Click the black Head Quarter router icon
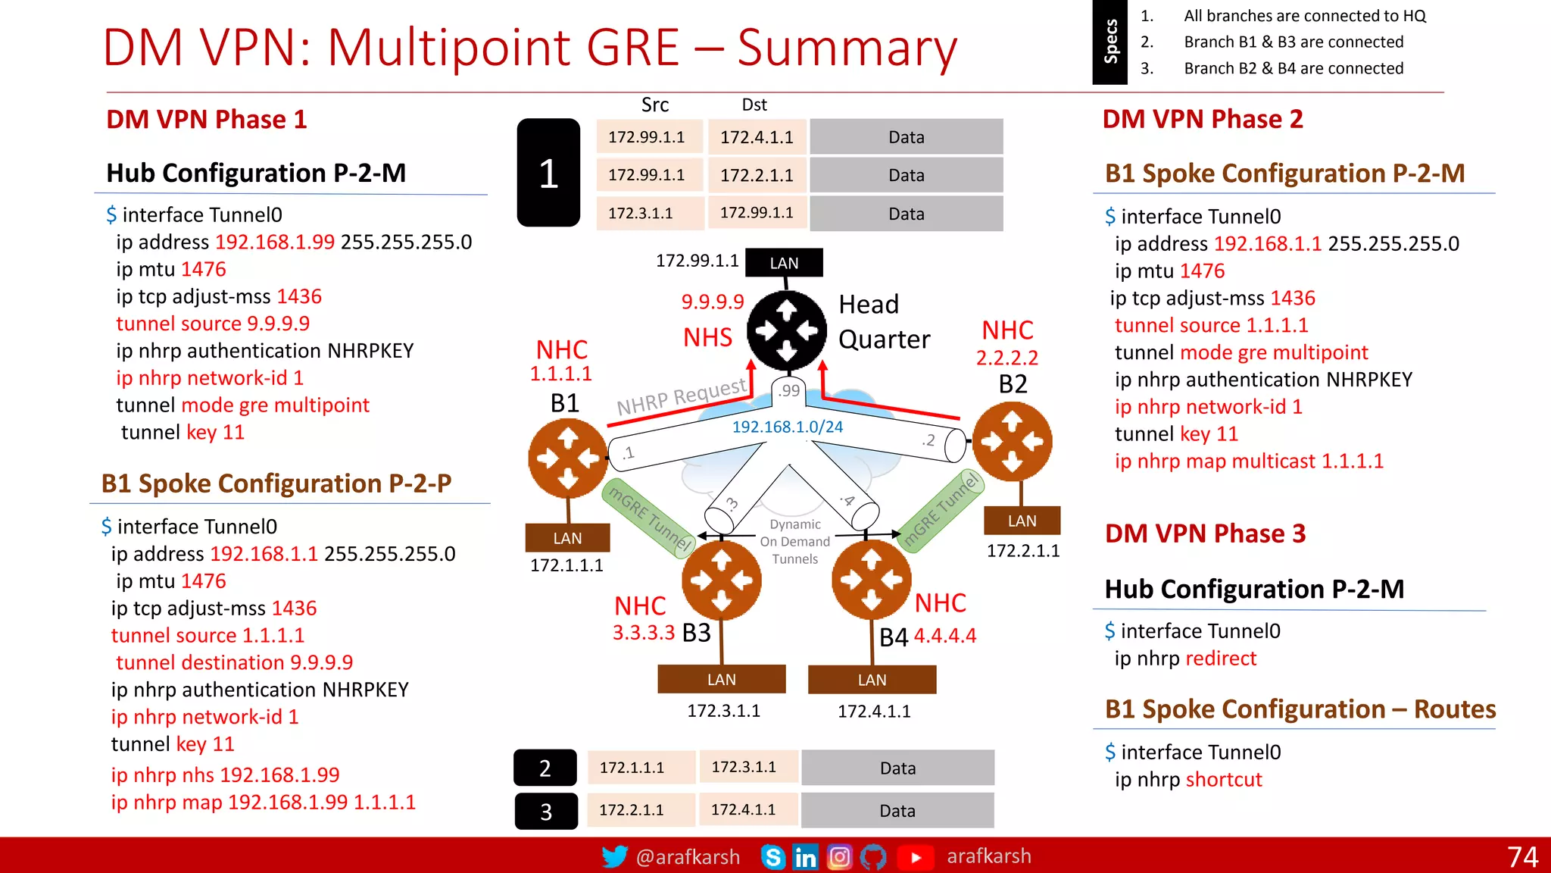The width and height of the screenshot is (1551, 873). pos(787,330)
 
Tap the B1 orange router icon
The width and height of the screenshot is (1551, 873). pos(568,458)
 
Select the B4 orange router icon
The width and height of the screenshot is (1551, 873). pos(872,580)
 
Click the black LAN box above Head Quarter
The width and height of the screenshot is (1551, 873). pos(784,263)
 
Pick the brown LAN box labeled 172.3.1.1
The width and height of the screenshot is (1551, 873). pos(721,679)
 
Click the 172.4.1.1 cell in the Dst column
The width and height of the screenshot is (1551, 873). pos(757,137)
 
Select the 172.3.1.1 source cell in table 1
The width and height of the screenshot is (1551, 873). pos(641,214)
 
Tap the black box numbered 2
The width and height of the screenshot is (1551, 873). pos(545,768)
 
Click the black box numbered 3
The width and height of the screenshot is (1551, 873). pos(546,811)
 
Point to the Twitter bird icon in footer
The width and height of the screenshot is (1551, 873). pos(614,856)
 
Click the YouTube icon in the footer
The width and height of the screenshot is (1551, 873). pos(916,857)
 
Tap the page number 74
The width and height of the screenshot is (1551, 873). pos(1522,856)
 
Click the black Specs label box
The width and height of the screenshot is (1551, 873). pos(1110,42)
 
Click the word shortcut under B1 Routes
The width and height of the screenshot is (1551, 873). pos(1224,780)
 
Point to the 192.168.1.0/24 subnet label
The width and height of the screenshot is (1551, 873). pos(787,427)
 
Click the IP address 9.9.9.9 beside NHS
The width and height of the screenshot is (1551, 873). pos(713,302)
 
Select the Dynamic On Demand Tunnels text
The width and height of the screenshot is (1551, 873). pos(794,542)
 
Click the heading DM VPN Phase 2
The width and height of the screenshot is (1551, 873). pos(1203,119)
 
